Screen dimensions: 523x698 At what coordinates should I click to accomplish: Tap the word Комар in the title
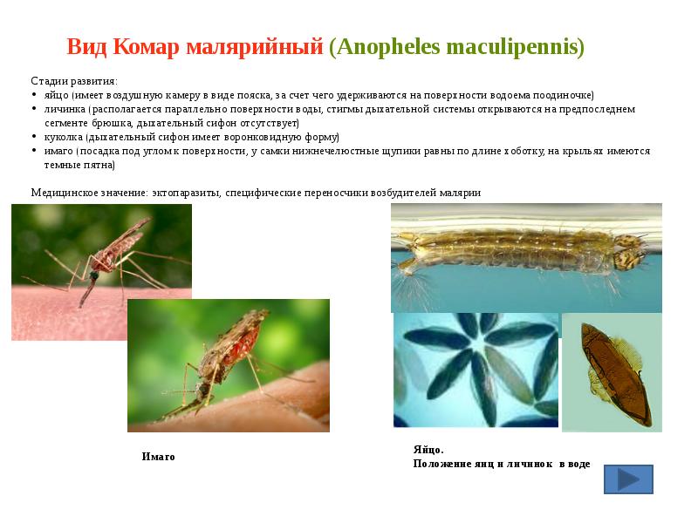[147, 47]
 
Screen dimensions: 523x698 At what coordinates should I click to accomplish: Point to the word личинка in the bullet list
[65, 109]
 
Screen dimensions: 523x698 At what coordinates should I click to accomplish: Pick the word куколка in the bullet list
[63, 137]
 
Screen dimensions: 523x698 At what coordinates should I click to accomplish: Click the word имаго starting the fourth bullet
[58, 151]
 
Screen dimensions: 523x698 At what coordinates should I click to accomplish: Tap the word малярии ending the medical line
[462, 193]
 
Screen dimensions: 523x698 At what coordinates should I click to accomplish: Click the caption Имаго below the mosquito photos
[158, 457]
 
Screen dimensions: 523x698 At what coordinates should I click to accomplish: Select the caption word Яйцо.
[428, 450]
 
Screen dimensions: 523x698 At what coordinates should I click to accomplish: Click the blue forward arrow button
[628, 479]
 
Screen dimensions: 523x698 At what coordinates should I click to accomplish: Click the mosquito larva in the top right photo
[515, 248]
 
